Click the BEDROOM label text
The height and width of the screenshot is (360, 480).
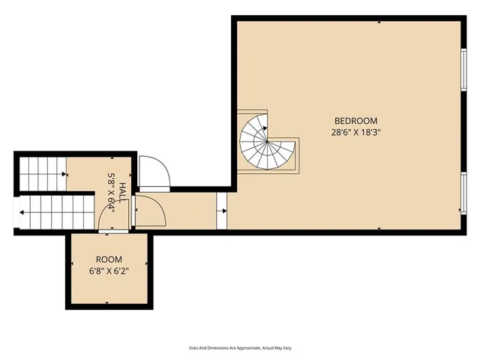[x=355, y=121]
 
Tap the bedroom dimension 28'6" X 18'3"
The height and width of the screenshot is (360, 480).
[x=355, y=133]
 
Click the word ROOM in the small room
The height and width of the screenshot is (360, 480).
[x=108, y=258]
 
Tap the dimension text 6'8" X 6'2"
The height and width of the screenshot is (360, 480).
[x=108, y=270]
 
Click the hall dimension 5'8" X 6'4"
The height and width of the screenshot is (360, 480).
[x=111, y=193]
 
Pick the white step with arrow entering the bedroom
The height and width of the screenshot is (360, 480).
[x=222, y=211]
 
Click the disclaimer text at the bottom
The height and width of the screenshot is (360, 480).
[x=240, y=348]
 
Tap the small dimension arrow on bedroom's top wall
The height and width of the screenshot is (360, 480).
[x=380, y=22]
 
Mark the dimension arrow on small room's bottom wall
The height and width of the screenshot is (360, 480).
[x=108, y=302]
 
